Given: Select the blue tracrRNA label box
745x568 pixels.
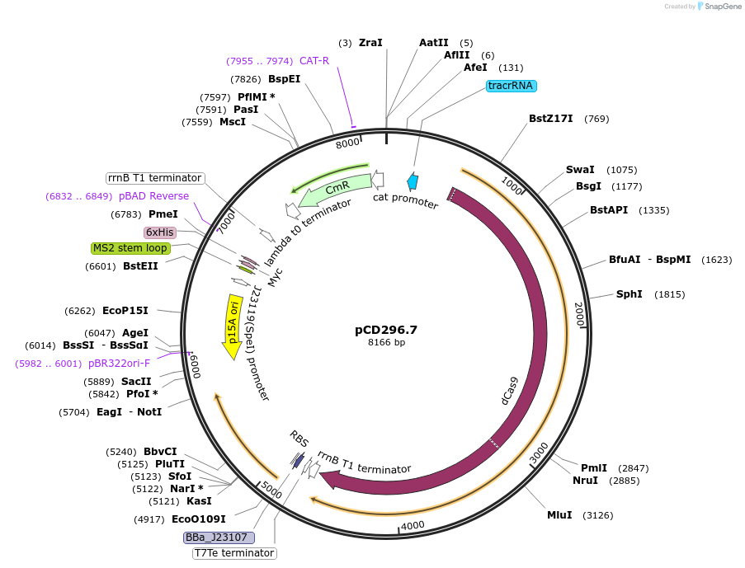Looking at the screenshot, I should pyautogui.click(x=512, y=86).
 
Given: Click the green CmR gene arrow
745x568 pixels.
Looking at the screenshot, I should pyautogui.click(x=334, y=192).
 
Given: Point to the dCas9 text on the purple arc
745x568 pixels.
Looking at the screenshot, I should pyautogui.click(x=510, y=390).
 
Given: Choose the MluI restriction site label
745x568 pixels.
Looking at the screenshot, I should pyautogui.click(x=559, y=515).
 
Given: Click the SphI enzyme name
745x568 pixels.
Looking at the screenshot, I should pyautogui.click(x=629, y=294).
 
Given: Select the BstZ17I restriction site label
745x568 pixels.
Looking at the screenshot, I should pyautogui.click(x=550, y=119).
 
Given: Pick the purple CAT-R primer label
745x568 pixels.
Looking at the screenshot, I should pyautogui.click(x=314, y=61).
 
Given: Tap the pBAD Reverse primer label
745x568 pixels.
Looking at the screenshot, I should pyautogui.click(x=153, y=196).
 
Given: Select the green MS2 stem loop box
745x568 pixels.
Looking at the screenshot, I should pyautogui.click(x=130, y=248).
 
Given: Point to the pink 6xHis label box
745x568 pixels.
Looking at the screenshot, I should pyautogui.click(x=160, y=232).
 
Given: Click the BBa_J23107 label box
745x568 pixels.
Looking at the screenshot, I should pyautogui.click(x=219, y=537).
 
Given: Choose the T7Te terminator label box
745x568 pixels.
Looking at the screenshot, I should pyautogui.click(x=233, y=553).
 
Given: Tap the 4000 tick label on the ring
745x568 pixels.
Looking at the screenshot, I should pyautogui.click(x=412, y=525).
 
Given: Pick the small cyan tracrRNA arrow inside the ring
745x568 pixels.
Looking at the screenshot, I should pyautogui.click(x=413, y=182).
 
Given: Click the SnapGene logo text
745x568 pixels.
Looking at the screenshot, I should pyautogui.click(x=719, y=7).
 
